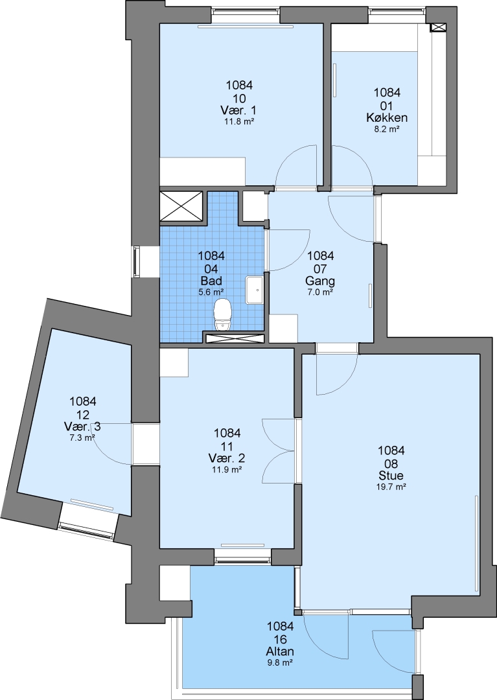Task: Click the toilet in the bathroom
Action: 222,315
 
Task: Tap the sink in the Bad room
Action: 254,290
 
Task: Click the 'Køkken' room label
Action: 387,118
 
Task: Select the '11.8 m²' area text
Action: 239,121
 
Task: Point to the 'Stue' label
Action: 391,474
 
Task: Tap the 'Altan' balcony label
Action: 280,651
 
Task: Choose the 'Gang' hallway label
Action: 320,281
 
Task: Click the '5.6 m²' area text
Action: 211,292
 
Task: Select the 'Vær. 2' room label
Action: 227,458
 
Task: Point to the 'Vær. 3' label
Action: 82,426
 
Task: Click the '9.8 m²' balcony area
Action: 280,662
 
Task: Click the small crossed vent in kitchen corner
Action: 437,27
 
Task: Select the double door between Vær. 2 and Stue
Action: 280,451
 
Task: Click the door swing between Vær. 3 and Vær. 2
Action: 113,444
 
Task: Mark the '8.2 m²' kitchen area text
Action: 386,129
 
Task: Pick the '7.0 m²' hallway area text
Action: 320,292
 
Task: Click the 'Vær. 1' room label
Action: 239,110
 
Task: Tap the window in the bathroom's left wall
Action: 135,262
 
